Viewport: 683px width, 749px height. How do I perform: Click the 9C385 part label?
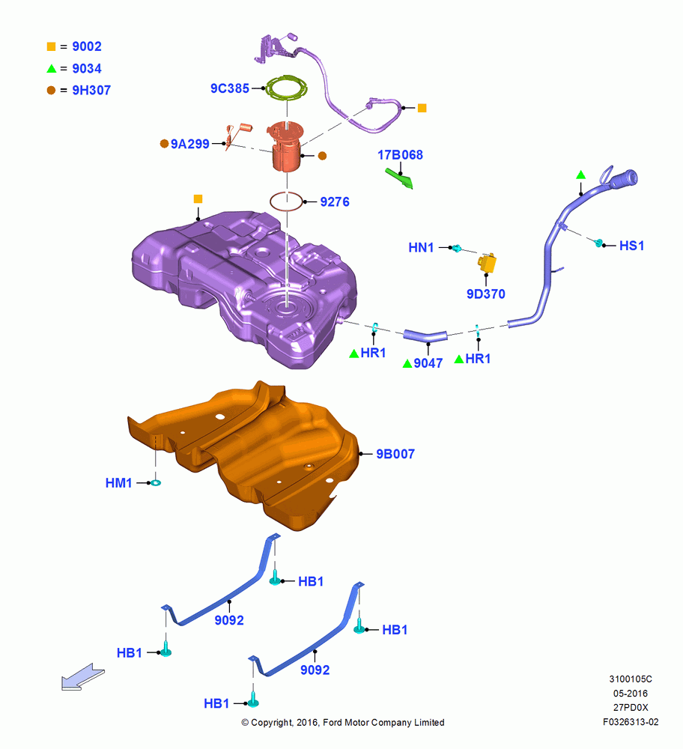(x=230, y=88)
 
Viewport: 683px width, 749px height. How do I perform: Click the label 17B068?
(x=400, y=155)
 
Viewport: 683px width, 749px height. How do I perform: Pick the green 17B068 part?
(x=400, y=178)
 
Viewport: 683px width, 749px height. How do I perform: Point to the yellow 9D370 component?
(x=488, y=263)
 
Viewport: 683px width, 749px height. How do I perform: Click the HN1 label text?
(x=421, y=247)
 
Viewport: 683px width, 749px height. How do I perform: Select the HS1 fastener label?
(x=631, y=246)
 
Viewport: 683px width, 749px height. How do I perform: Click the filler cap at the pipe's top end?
(x=623, y=179)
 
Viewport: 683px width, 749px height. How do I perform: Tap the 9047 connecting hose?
(x=425, y=336)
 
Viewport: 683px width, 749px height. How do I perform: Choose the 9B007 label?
(x=395, y=454)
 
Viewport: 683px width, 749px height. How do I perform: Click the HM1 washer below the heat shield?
(x=155, y=483)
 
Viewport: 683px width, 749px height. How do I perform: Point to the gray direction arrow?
(x=82, y=676)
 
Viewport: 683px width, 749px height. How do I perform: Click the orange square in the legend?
(x=51, y=46)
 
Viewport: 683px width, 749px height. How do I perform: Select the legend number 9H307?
(x=91, y=91)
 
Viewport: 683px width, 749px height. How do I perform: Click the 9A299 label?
(x=190, y=144)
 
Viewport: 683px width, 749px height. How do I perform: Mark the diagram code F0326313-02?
(x=631, y=722)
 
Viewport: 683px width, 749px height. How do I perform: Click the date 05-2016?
(x=631, y=693)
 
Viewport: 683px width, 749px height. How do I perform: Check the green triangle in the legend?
(x=52, y=68)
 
